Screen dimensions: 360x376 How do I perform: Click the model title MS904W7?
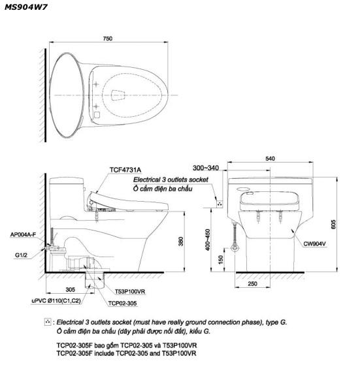[x=26, y=7]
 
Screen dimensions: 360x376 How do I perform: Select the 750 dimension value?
[x=108, y=39]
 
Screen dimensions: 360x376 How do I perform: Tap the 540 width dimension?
[x=270, y=159]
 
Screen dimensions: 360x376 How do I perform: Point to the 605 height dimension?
[x=333, y=224]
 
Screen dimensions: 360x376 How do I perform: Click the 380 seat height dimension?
[x=181, y=242]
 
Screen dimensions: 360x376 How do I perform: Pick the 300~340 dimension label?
[x=206, y=168]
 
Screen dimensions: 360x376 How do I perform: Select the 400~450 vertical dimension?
[x=208, y=240]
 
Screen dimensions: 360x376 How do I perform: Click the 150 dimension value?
[x=221, y=260]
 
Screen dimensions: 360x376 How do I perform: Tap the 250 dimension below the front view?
[x=252, y=284]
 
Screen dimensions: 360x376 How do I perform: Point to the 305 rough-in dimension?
[x=71, y=289]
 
